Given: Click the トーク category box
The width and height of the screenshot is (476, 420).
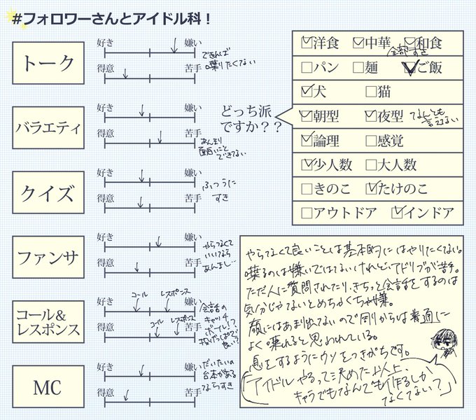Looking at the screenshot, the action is pyautogui.click(x=48, y=64).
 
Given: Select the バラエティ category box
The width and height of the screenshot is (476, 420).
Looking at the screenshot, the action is pyautogui.click(x=48, y=127).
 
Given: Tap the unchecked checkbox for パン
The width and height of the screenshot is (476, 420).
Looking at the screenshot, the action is pyautogui.click(x=307, y=68).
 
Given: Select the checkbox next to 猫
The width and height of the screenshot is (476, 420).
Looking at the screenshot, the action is pyautogui.click(x=371, y=91).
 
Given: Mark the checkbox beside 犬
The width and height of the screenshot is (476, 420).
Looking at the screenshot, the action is pyautogui.click(x=307, y=91).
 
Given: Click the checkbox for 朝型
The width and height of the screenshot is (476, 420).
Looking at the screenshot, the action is pyautogui.click(x=307, y=116).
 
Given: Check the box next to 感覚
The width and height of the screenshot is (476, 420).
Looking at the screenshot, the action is pyautogui.click(x=371, y=141).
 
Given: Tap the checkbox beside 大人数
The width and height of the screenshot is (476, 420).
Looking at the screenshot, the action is pyautogui.click(x=371, y=165).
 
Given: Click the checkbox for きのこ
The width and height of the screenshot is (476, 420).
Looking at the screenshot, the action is pyautogui.click(x=307, y=189).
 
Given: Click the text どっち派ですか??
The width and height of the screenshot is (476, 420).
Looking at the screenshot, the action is pyautogui.click(x=247, y=120).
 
